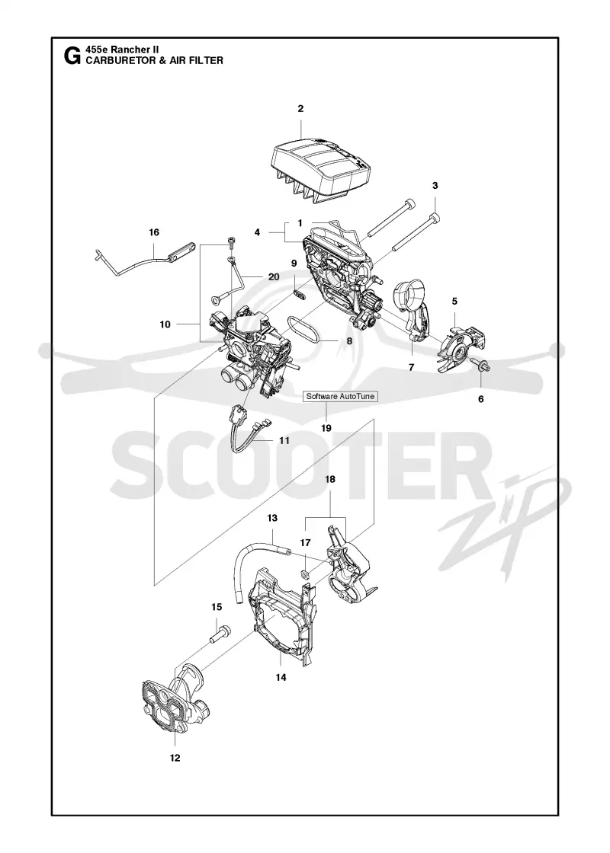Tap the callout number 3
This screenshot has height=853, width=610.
435,186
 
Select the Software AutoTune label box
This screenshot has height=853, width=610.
340,397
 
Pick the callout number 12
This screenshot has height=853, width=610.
175,758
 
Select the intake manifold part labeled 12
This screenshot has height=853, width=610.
175,696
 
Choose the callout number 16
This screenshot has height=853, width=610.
154,232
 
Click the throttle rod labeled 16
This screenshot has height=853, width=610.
144,259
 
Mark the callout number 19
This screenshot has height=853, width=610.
326,428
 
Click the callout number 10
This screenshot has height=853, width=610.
165,324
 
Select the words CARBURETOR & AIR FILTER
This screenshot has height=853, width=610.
155,60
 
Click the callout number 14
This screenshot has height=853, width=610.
281,677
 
